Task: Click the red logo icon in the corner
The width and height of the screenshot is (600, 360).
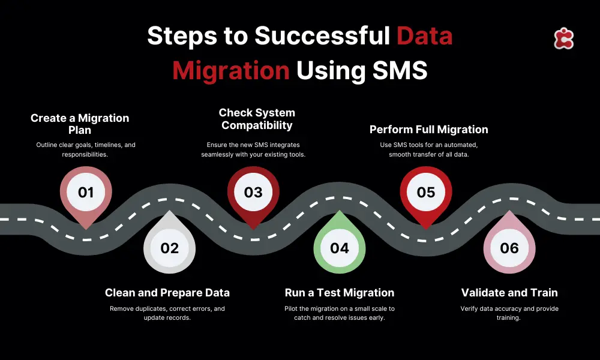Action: (x=563, y=38)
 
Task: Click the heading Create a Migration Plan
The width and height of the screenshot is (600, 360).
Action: (x=80, y=124)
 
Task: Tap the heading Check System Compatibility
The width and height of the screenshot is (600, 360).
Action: (x=257, y=119)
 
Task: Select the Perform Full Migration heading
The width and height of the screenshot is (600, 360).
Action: (x=428, y=130)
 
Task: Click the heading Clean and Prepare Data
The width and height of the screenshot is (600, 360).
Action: (x=167, y=293)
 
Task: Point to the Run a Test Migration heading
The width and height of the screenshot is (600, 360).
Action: (x=340, y=293)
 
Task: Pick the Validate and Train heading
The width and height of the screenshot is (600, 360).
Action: (x=509, y=293)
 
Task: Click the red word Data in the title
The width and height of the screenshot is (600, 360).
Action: (x=424, y=36)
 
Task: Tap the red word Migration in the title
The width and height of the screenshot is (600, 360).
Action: (x=231, y=71)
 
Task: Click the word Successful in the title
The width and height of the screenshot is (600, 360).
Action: (x=322, y=36)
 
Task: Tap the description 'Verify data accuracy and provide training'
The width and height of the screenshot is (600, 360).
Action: (x=509, y=313)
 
